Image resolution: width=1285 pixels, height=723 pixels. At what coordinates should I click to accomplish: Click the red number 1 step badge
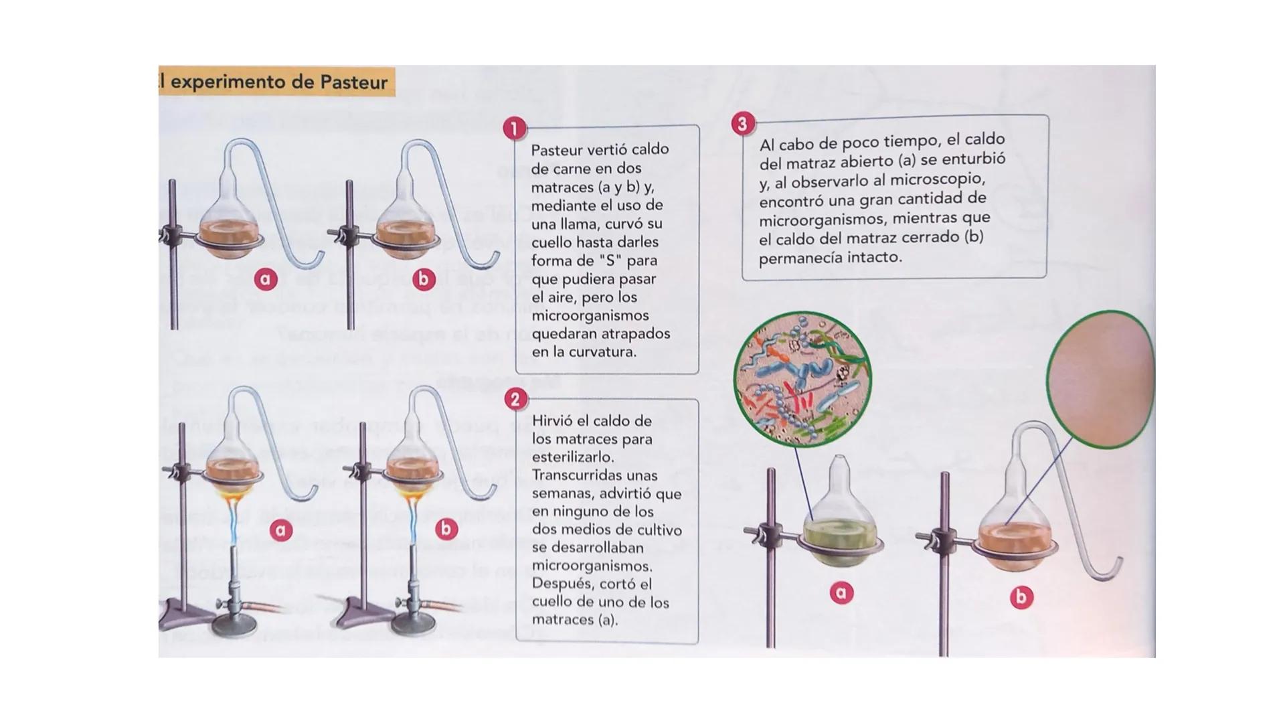[514, 129]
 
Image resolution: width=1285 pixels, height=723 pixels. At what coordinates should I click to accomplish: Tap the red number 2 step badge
[515, 400]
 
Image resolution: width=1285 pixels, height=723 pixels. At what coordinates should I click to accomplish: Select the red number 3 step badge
[743, 124]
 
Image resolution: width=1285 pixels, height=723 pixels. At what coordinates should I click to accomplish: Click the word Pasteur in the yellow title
[353, 82]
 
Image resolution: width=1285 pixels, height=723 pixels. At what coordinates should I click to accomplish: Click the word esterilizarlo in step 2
[572, 457]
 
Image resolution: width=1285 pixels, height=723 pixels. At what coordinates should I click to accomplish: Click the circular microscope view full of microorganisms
[802, 379]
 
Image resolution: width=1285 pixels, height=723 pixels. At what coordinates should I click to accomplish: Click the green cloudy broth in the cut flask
[840, 534]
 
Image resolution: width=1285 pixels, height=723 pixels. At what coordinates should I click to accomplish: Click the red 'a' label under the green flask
[841, 592]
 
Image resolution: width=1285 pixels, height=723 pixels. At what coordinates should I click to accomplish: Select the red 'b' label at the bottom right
[1021, 597]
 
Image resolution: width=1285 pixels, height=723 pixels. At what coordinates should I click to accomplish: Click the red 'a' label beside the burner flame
[281, 530]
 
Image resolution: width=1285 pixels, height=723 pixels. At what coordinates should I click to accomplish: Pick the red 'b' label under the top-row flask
[423, 279]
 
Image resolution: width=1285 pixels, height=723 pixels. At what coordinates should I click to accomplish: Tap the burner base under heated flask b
[414, 626]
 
